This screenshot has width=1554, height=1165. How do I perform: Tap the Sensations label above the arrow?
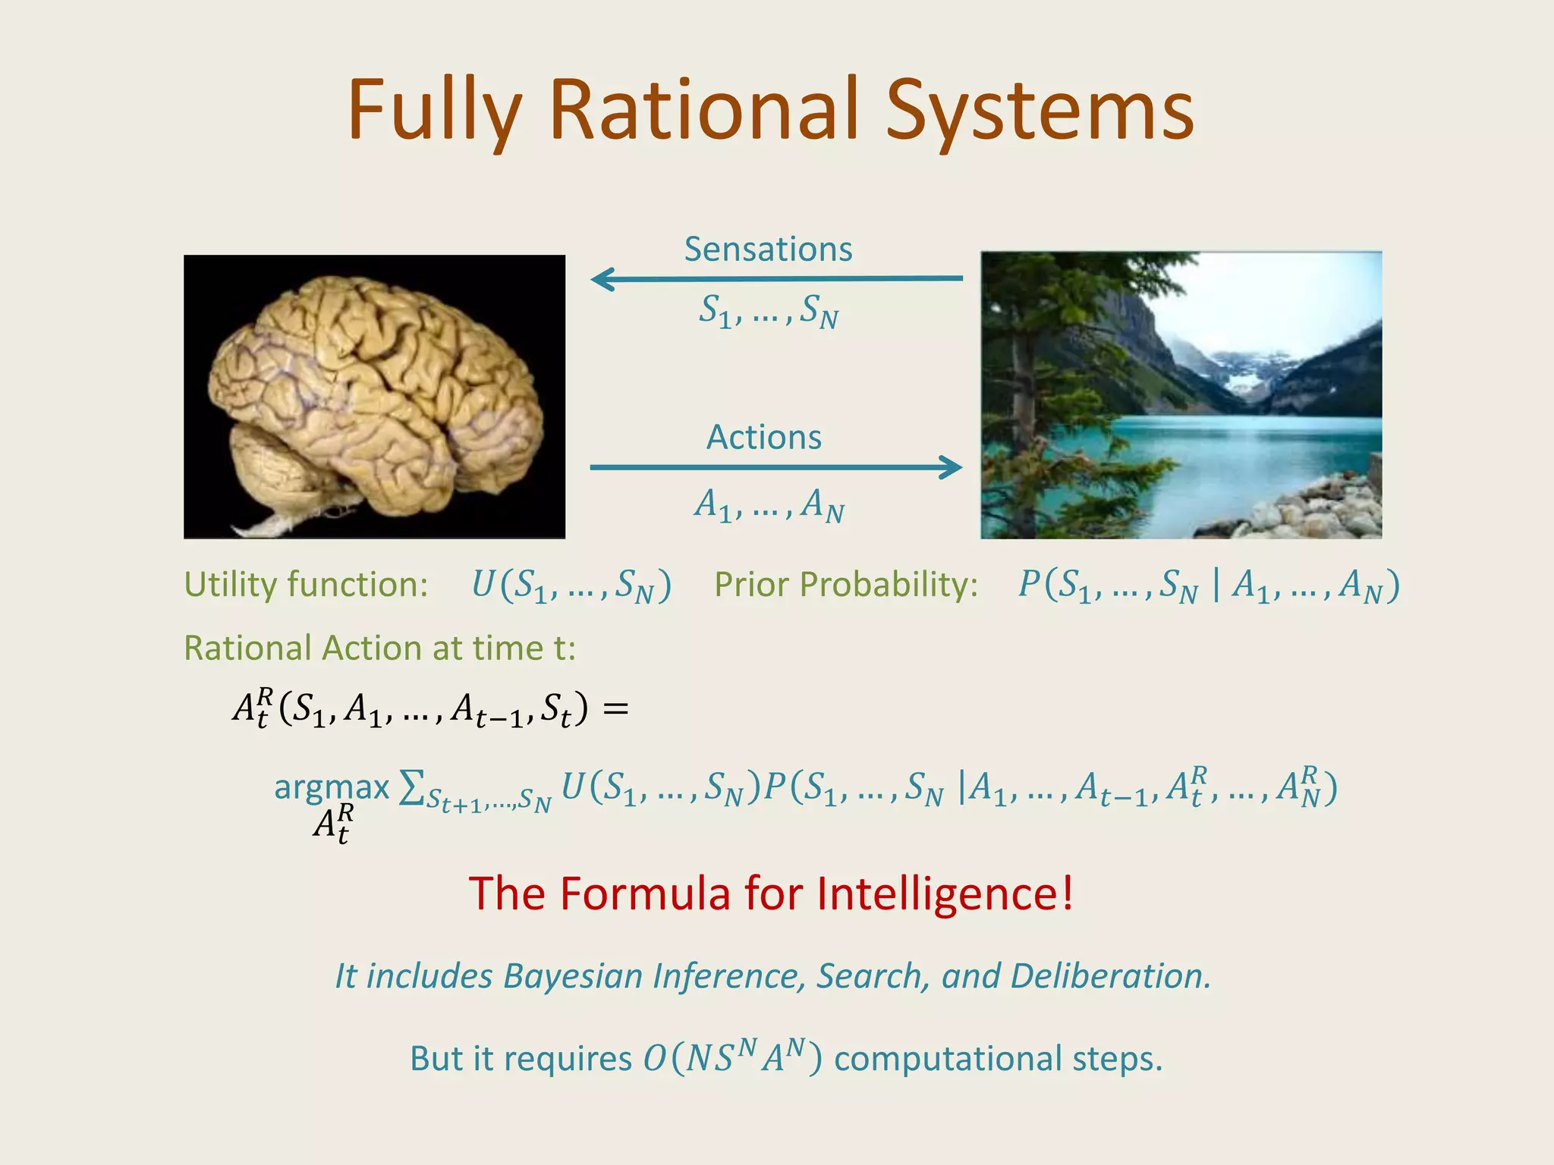(768, 250)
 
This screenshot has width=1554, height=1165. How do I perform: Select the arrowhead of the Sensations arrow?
(602, 279)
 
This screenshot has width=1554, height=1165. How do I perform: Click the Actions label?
(764, 438)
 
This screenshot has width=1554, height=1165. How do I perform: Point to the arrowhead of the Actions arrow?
(952, 467)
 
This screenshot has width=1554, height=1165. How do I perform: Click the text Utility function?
(306, 585)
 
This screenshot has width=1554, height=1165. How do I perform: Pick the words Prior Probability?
(846, 585)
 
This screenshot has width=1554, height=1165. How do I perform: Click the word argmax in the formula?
(332, 787)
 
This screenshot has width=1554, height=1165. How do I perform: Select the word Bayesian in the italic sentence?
(573, 976)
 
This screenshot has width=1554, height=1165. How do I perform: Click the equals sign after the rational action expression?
(615, 709)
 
